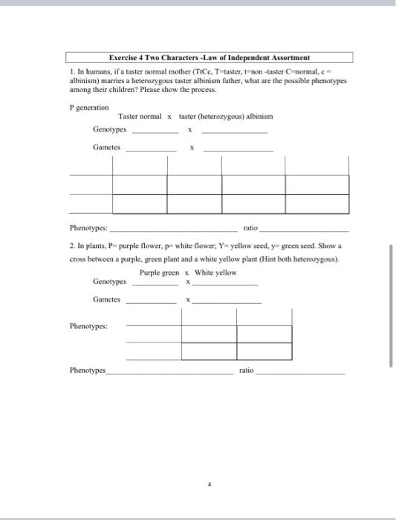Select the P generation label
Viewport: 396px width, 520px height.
click(x=88, y=107)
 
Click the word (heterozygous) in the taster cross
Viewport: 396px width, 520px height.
click(x=224, y=117)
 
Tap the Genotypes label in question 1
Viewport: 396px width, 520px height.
click(x=109, y=129)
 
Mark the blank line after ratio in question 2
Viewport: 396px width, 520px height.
click(x=299, y=371)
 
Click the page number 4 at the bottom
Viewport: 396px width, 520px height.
click(x=210, y=483)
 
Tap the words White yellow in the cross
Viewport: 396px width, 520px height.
click(x=215, y=273)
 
